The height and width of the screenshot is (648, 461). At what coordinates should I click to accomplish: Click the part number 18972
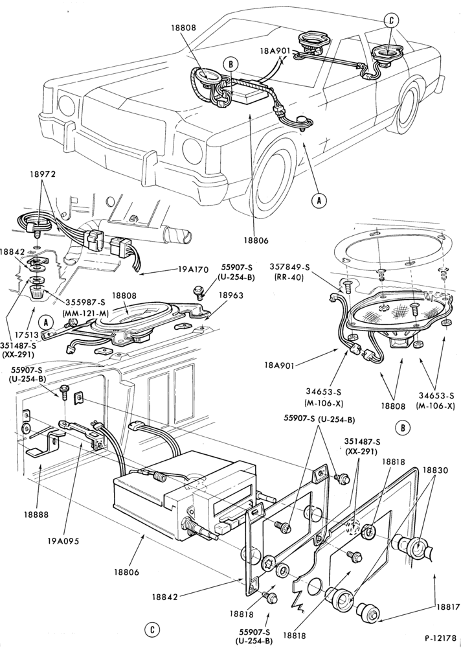click(43, 174)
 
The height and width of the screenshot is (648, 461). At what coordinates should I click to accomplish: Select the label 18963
click(231, 295)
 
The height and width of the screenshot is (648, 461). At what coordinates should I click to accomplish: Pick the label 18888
click(36, 515)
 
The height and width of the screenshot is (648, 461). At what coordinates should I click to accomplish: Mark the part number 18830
click(435, 470)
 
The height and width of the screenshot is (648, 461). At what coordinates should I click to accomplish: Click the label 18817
click(447, 607)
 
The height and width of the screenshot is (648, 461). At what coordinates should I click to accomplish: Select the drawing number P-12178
click(442, 638)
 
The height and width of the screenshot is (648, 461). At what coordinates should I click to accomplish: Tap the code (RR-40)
click(289, 277)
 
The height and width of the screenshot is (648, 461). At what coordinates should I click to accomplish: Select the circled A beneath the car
click(319, 200)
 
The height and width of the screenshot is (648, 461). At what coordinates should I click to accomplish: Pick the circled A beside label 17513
click(46, 322)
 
